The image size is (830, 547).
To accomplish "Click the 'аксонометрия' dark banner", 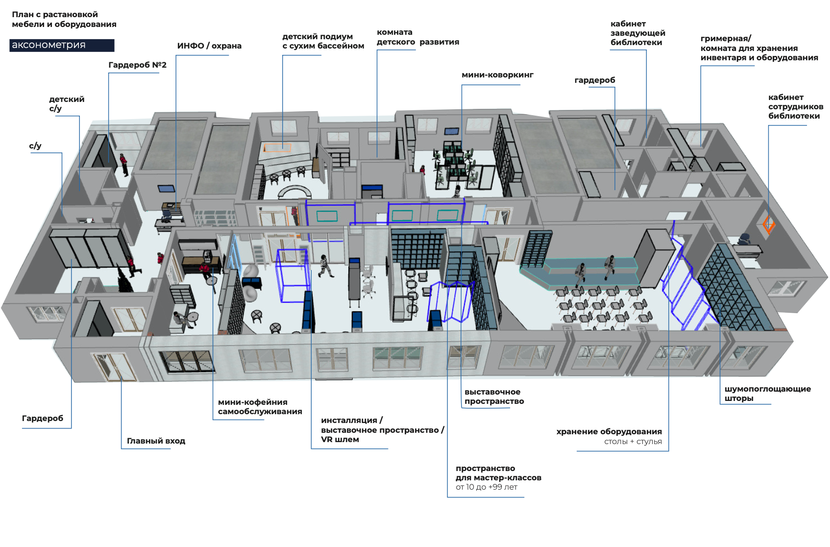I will (62, 45).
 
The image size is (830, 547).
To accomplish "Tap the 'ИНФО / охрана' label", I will (209, 46).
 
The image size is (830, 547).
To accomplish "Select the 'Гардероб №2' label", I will (137, 65).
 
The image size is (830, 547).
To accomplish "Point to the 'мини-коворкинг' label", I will (497, 75).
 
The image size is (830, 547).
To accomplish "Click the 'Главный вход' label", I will (156, 441).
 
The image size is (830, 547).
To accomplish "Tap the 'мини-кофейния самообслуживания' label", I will (260, 407).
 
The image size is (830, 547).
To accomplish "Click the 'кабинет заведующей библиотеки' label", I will (637, 33).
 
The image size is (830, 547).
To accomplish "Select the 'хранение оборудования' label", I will (609, 432).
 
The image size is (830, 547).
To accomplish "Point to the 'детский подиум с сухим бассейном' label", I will (323, 41).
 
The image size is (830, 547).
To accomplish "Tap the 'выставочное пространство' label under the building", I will (494, 397).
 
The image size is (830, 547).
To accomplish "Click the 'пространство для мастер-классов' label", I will (498, 473).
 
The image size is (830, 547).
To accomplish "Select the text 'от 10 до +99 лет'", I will (486, 487).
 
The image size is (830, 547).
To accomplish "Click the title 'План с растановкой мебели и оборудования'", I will (64, 20).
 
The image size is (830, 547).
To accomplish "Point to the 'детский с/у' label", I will (67, 104).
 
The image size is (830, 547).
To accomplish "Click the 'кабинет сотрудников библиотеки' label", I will (795, 107).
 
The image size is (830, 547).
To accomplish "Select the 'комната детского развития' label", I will (417, 37).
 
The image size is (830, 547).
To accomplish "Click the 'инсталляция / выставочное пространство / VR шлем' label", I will (382, 430).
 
